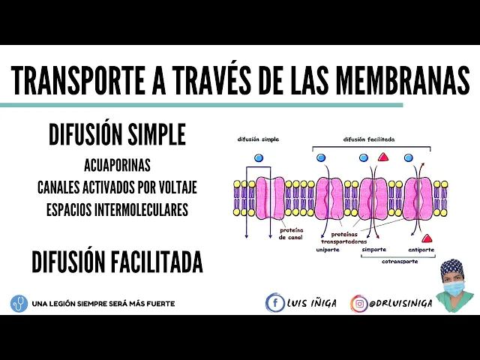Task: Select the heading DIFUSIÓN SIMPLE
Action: click(117, 135)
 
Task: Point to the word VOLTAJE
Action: click(174, 187)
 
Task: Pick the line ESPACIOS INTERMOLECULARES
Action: click(117, 209)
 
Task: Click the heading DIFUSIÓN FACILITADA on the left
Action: click(117, 262)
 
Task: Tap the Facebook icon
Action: click(275, 303)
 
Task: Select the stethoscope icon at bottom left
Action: click(19, 304)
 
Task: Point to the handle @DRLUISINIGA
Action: click(400, 304)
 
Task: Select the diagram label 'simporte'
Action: click(373, 249)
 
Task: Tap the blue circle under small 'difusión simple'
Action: click(259, 158)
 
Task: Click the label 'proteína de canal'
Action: click(290, 233)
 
